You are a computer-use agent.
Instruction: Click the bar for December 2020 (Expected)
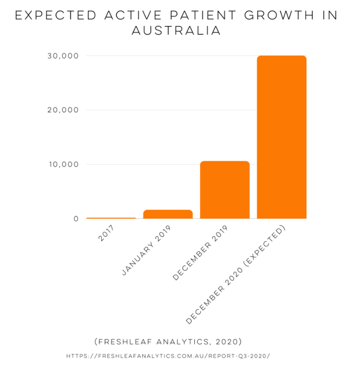coord(282,137)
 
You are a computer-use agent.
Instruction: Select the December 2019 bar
coord(225,190)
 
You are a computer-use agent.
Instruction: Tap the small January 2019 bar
coord(168,214)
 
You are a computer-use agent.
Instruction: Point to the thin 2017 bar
coord(111,218)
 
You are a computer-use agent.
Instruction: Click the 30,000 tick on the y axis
coord(63,56)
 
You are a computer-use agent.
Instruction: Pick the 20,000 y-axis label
coord(63,110)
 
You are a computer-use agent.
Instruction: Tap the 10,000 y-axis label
coord(63,164)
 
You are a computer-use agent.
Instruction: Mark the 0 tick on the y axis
coord(76,219)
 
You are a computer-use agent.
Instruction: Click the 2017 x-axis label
coord(106,233)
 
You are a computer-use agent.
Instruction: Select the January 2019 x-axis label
coord(146,251)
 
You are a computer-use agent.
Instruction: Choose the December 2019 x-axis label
coord(200,253)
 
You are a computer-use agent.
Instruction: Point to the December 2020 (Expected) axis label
coord(236,275)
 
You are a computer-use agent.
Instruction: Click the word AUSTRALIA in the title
coord(176,31)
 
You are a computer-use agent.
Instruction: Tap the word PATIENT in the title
coord(203,15)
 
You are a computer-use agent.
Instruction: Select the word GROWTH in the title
coord(279,15)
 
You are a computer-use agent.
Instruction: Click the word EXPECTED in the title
coord(55,15)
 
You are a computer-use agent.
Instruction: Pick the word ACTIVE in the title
coord(133,15)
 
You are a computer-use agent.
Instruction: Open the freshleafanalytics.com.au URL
coord(168,356)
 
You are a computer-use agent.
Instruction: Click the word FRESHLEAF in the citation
coord(123,341)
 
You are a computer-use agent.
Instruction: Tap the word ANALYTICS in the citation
coord(183,342)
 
